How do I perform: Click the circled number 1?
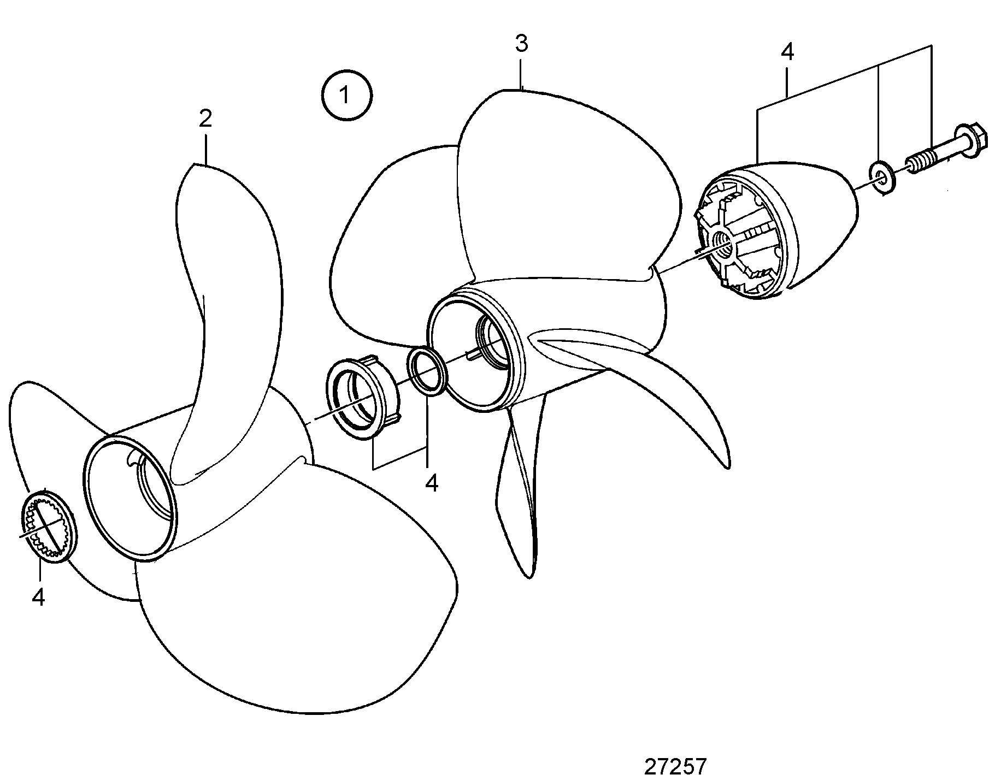(346, 95)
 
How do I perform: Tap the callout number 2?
(205, 119)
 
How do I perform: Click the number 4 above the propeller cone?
(787, 51)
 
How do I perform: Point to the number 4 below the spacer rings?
(432, 483)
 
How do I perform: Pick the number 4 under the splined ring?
(38, 597)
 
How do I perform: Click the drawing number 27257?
(675, 765)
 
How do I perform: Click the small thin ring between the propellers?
(428, 371)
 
